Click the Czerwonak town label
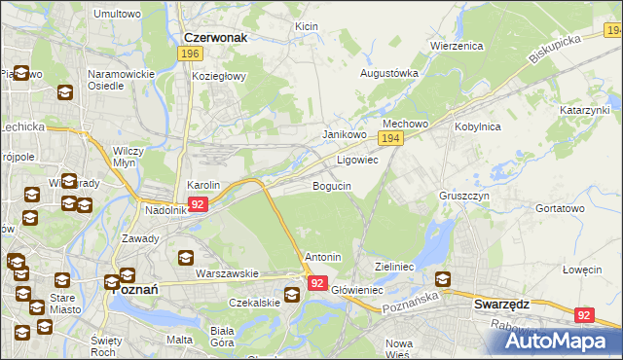[216, 37]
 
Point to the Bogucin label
[331, 185]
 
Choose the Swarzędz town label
[501, 304]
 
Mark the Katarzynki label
[584, 111]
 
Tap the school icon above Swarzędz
[443, 279]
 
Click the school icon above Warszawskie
[185, 258]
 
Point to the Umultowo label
[116, 14]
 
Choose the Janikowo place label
[344, 135]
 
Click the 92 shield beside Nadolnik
[198, 204]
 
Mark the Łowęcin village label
[582, 269]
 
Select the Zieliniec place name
[395, 266]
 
